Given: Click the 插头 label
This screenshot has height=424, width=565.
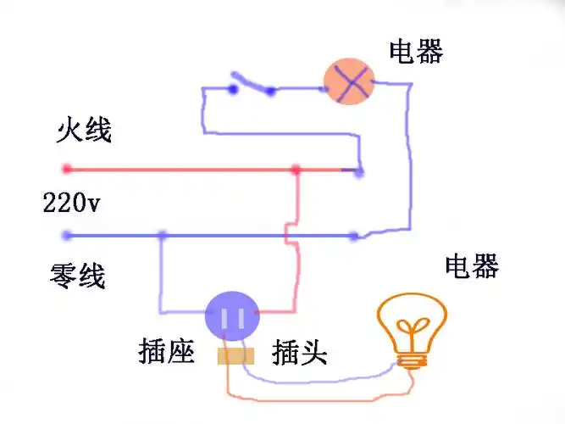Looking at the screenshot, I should pos(299,353).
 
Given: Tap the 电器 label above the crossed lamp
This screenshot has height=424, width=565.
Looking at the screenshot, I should pos(416,52).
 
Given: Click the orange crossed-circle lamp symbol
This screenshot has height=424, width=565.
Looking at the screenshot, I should pos(349,81).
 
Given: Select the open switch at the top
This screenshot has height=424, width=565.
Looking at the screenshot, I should pos(252,86).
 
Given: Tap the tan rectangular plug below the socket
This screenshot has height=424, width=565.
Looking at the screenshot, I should pos(234,356).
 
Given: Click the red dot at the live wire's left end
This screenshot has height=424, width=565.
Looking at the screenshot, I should pos(66,169).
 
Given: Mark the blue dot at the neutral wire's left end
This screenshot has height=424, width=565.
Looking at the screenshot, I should pos(66,235).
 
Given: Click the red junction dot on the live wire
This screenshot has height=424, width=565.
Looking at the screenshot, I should pos(296,170).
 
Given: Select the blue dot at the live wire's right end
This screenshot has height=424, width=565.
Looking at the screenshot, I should pos(359,172).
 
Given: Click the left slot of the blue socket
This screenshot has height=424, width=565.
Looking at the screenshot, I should pos(224,319).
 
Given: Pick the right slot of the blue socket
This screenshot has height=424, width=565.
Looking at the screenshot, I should pos(241,319).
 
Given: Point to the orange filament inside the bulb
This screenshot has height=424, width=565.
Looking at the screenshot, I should pos(413,329).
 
